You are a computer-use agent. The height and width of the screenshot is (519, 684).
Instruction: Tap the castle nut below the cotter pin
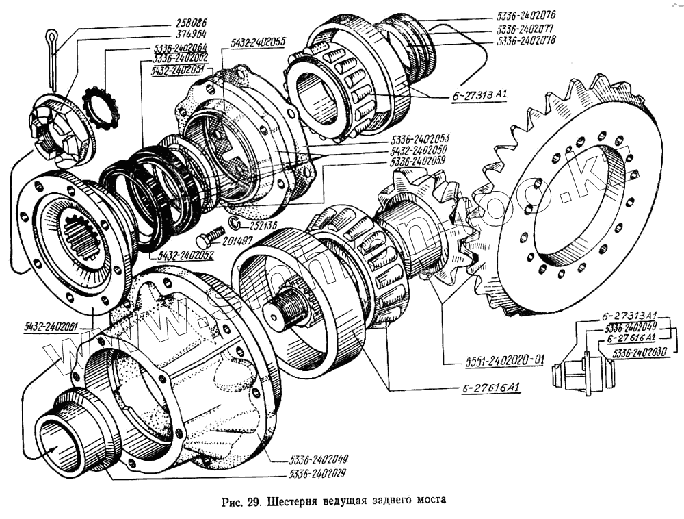click(60, 134)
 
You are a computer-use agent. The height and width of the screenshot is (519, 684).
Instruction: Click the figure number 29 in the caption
click(254, 500)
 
